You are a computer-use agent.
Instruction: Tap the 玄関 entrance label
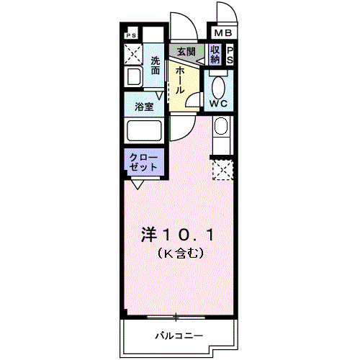[x=186, y=51]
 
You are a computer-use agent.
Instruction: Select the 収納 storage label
[x=215, y=55]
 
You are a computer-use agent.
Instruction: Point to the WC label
[x=220, y=103]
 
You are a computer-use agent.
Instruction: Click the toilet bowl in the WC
[x=220, y=86]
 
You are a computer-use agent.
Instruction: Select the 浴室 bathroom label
[x=144, y=107]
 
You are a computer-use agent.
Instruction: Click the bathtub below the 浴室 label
[x=144, y=130]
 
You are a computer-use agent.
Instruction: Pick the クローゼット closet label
[x=143, y=161]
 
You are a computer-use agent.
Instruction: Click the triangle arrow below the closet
[x=136, y=184]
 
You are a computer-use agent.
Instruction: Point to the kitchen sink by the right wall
[x=221, y=129]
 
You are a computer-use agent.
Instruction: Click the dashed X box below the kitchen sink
[x=222, y=170]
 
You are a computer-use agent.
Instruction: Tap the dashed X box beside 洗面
[x=134, y=53]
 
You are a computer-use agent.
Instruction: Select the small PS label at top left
[x=130, y=35]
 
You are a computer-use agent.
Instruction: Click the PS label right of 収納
[x=230, y=55]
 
